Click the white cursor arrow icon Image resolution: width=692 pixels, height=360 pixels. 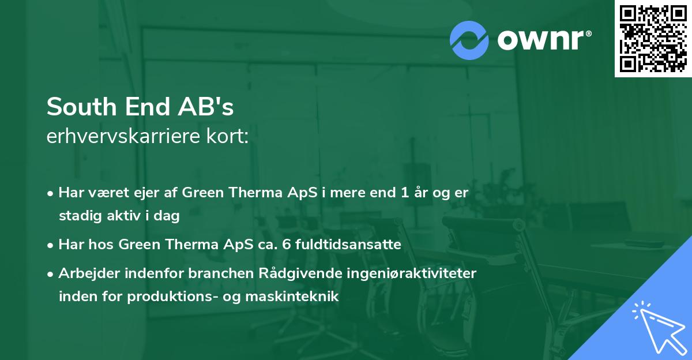coord(657,325)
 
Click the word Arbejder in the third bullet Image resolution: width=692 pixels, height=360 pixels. coord(86,273)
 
